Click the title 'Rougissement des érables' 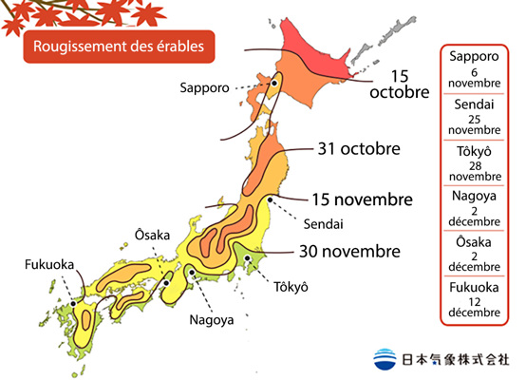click(x=118, y=45)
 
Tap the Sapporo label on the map click(x=204, y=87)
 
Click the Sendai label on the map click(x=324, y=223)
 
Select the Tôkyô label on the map click(x=291, y=286)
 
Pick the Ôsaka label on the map click(x=151, y=234)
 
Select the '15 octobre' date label click(x=398, y=84)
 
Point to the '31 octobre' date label click(x=359, y=149)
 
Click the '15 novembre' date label click(x=362, y=199)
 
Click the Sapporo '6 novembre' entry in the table click(x=473, y=70)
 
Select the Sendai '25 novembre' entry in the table click(x=473, y=115)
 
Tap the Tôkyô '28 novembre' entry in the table click(x=473, y=162)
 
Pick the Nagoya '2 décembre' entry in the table click(x=473, y=209)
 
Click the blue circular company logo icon click(x=385, y=360)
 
